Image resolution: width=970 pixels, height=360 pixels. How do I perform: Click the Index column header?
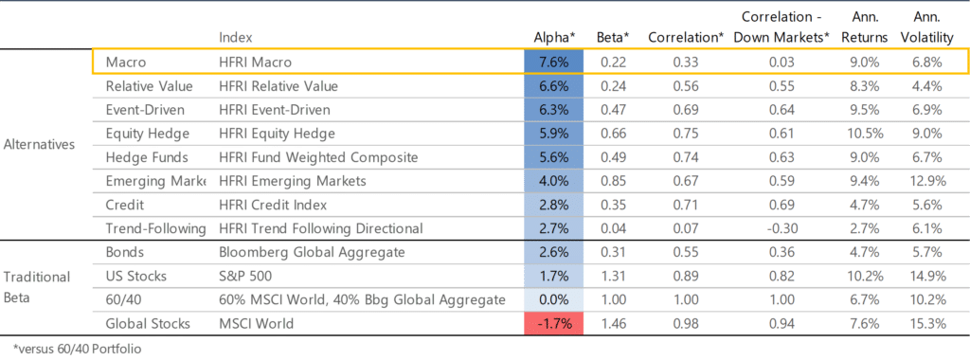tap(235, 36)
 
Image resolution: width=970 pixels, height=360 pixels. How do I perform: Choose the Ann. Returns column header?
tap(865, 26)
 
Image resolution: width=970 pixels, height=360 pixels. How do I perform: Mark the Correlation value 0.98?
tap(687, 324)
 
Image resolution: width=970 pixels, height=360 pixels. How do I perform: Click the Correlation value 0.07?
tap(687, 228)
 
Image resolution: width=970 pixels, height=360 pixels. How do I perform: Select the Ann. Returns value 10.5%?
tap(865, 134)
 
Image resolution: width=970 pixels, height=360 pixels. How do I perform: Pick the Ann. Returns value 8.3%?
tap(865, 86)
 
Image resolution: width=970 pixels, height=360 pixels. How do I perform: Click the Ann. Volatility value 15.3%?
tap(927, 324)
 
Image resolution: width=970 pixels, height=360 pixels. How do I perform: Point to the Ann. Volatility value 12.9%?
tap(927, 181)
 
